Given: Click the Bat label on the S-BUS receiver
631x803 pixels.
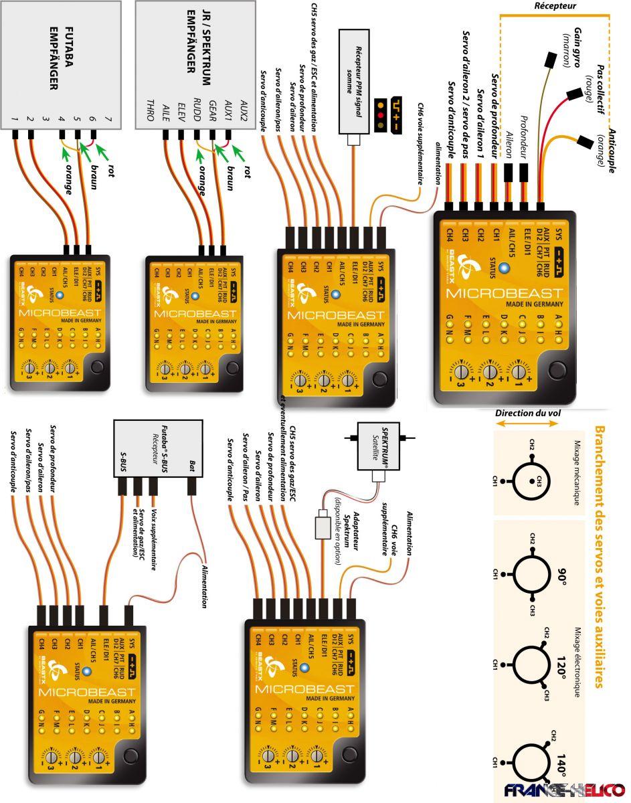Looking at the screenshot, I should coord(193,463).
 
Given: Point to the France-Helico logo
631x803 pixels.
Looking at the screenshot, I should coord(564,789).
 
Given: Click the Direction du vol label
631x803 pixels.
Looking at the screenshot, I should coord(528,414).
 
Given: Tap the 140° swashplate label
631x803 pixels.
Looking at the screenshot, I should coord(561,762).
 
